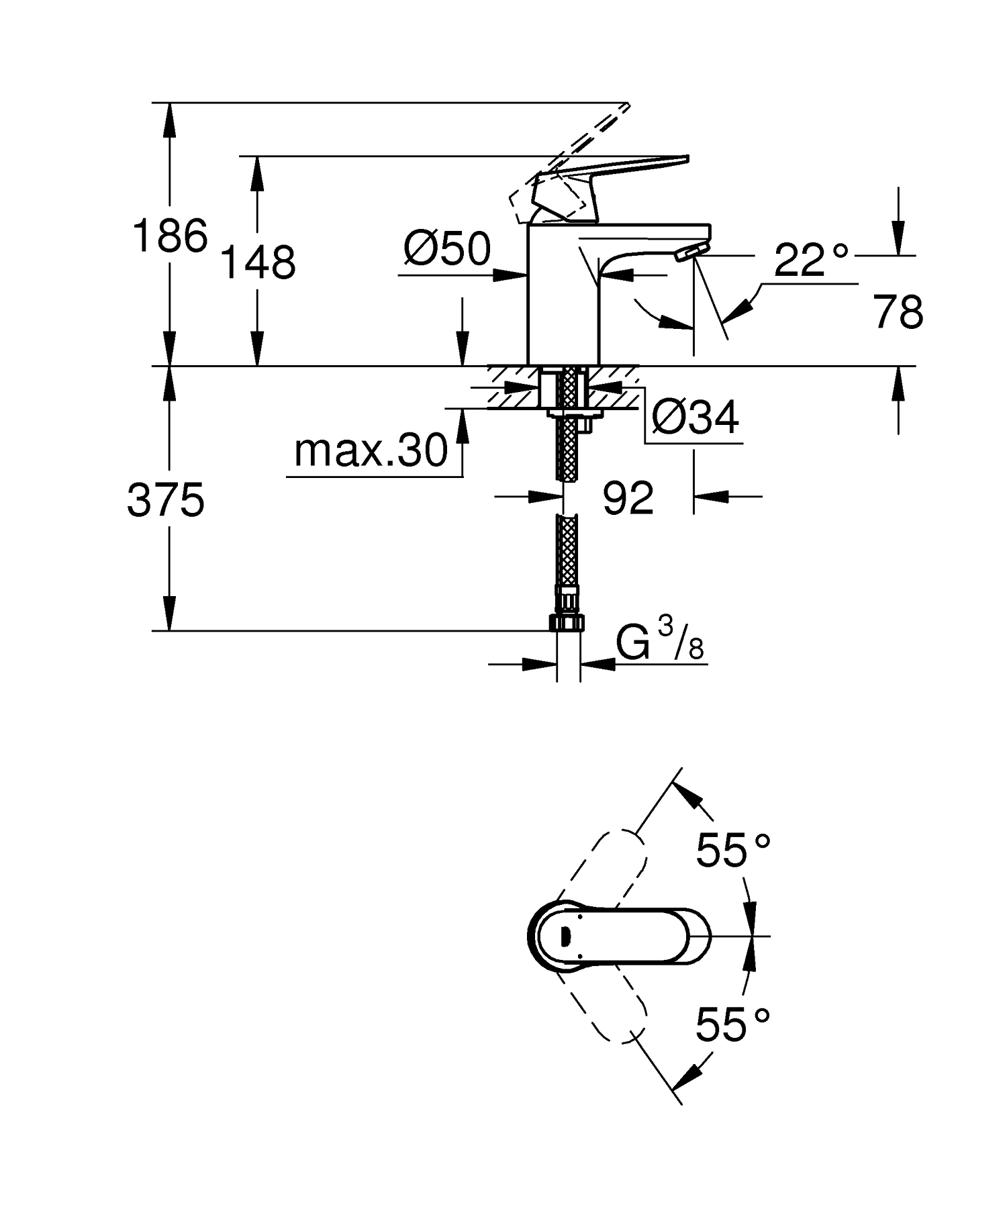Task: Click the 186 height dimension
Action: (170, 236)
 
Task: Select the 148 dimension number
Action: (258, 262)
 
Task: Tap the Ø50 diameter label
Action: (447, 249)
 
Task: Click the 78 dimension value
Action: (898, 312)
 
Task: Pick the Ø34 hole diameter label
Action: (696, 417)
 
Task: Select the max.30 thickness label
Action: (371, 451)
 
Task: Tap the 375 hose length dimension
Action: (165, 501)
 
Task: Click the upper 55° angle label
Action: (732, 851)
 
